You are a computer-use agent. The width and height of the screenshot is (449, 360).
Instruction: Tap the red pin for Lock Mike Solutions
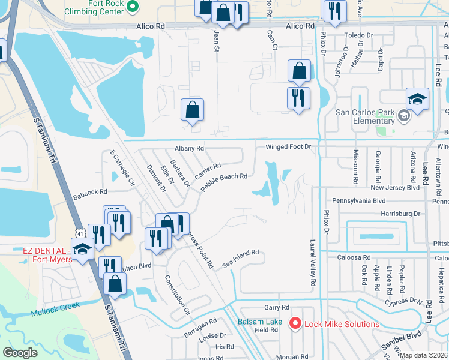[295, 324]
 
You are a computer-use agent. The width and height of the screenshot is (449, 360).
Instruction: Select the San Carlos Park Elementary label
[364, 116]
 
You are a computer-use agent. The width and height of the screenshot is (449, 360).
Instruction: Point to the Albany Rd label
[190, 148]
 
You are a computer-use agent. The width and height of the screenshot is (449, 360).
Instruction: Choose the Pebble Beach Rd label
[224, 182]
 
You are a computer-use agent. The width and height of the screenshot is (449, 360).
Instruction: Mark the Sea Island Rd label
[240, 259]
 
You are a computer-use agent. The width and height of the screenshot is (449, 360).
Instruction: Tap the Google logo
[20, 353]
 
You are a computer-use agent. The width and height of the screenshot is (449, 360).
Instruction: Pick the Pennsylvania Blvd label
[357, 201]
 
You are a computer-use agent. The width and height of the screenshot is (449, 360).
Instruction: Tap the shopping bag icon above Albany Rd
[193, 110]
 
